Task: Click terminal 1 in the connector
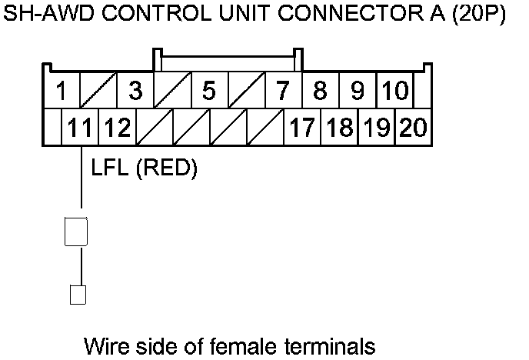point(60,91)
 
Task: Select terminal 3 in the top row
point(135,91)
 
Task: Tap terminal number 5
point(208,91)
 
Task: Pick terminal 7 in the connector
point(283,91)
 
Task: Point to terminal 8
point(320,91)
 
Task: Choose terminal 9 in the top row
point(357,91)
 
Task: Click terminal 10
point(395,91)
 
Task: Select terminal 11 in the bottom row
point(81,127)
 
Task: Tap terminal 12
point(117,127)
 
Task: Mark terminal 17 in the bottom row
point(301,127)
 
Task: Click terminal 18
point(338,127)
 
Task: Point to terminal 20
point(413,127)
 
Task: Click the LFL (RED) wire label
point(145,168)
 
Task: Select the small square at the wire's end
point(77,294)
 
